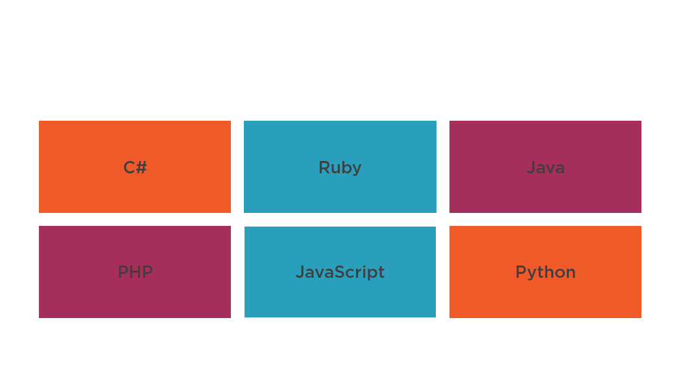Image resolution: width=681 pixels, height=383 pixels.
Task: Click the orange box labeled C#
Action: tap(135, 166)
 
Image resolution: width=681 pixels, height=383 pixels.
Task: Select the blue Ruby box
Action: tap(340, 166)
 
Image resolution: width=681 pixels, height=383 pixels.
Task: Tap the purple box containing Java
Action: tap(545, 166)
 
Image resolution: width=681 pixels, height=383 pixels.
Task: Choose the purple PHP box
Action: tap(135, 272)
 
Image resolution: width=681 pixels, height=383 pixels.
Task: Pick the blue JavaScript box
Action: tap(340, 272)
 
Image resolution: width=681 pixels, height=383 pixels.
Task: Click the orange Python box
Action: tap(545, 272)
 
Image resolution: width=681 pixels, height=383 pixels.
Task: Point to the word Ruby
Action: tap(340, 168)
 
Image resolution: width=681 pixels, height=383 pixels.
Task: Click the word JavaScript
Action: tap(340, 273)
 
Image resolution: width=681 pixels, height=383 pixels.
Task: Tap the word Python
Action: tap(545, 273)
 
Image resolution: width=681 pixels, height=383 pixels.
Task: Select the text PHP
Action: tap(135, 272)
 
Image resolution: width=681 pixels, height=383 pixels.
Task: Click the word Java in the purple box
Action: tap(545, 167)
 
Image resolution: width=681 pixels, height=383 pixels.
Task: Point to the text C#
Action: tap(135, 167)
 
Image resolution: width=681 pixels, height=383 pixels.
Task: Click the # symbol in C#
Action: tap(141, 167)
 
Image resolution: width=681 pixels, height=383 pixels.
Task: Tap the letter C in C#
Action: tap(129, 167)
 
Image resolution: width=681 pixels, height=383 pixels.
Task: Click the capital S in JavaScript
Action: tap(343, 272)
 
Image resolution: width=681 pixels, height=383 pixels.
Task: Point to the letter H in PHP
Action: tap(135, 272)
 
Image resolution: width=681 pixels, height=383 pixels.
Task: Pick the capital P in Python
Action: tap(521, 272)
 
